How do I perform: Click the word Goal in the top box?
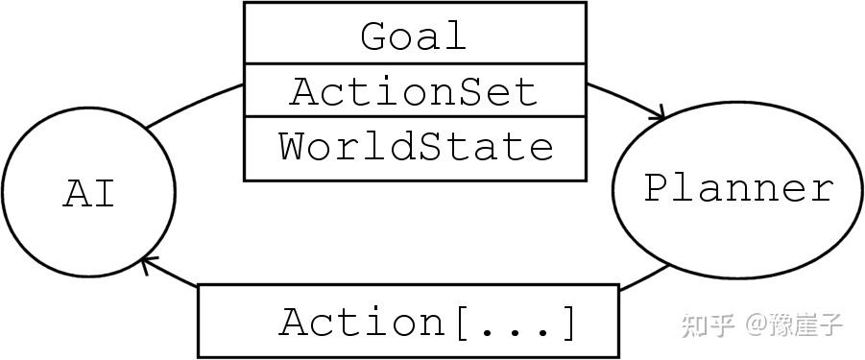tap(414, 36)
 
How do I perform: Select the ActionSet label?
tap(414, 91)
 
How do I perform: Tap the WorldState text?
tap(416, 146)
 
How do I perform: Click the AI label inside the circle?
tap(88, 194)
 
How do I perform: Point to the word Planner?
tap(738, 188)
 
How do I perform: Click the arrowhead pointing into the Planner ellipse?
tap(659, 113)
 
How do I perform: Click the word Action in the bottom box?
tap(363, 322)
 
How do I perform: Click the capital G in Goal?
tap(374, 36)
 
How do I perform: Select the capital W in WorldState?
tap(294, 147)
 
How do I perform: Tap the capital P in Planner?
tap(657, 188)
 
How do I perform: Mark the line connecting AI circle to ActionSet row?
tap(193, 104)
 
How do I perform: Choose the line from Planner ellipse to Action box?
tap(644, 278)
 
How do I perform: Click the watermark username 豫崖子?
tap(806, 325)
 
